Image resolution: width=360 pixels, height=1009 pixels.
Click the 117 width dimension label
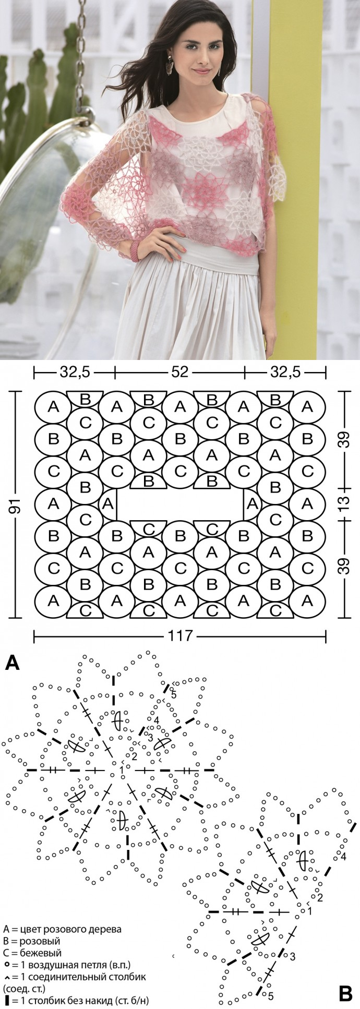[180, 636]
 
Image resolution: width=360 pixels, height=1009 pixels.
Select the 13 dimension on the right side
[343, 504]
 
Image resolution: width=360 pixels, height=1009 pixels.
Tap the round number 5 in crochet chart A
[174, 694]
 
